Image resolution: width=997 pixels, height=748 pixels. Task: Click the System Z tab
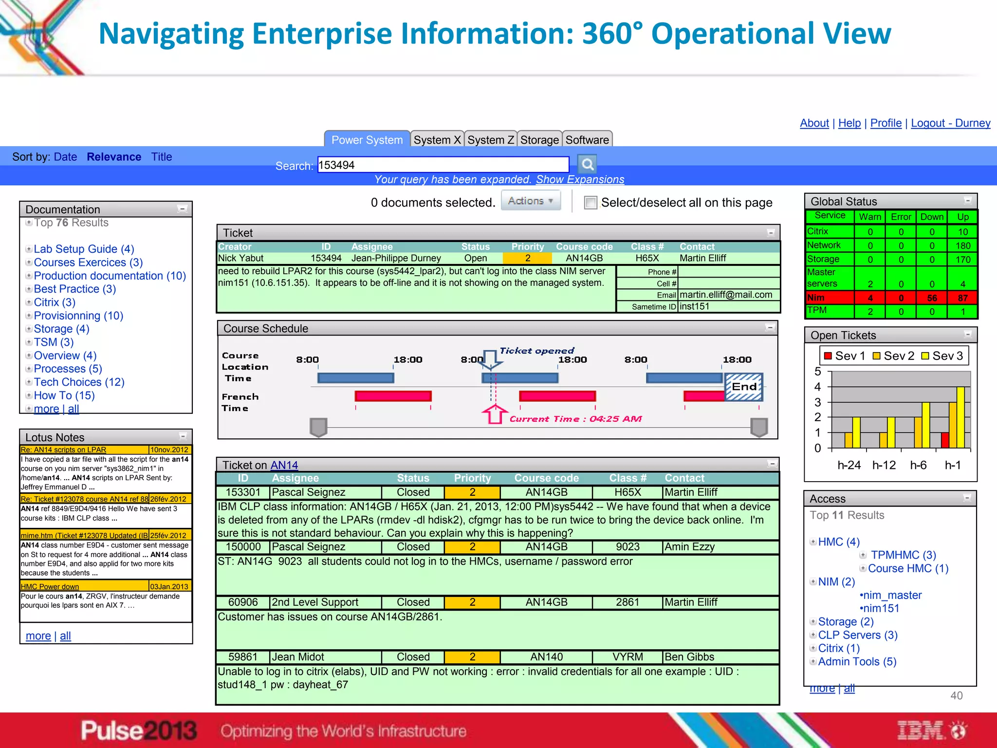(490, 140)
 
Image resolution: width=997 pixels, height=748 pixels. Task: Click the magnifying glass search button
(587, 165)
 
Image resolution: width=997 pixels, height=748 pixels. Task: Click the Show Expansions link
(580, 179)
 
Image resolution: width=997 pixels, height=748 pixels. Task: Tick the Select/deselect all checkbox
(591, 203)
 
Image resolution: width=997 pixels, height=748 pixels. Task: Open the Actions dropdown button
(531, 201)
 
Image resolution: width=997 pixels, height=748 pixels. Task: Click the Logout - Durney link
(950, 123)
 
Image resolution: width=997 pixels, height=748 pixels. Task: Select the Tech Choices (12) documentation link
(79, 382)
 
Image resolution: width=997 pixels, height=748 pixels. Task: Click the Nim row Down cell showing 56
(932, 298)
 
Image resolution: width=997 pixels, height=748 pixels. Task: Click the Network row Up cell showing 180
(962, 246)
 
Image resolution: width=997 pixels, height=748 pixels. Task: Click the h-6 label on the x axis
(918, 466)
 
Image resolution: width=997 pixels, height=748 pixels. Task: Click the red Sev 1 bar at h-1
(945, 440)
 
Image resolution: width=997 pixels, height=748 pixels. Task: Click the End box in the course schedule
(744, 387)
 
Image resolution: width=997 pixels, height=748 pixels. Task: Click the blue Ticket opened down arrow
(492, 359)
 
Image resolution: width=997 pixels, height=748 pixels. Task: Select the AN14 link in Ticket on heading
(284, 466)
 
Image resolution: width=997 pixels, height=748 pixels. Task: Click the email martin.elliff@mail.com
(725, 295)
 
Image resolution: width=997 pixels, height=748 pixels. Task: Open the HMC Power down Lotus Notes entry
(50, 586)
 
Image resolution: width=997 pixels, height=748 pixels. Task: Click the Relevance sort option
(114, 157)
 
